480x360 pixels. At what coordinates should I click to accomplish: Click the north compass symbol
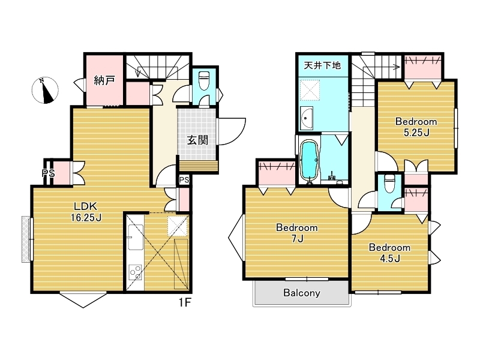click(45, 91)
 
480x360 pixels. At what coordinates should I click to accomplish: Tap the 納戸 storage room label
click(104, 80)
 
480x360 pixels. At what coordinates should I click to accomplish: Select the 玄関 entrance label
click(197, 140)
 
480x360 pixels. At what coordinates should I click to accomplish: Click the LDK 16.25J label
click(86, 212)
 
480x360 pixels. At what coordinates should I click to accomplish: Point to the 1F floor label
click(185, 302)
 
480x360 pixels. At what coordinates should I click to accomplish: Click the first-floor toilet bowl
click(203, 80)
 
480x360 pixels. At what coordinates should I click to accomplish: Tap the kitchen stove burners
click(135, 272)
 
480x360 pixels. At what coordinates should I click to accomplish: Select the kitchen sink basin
click(136, 237)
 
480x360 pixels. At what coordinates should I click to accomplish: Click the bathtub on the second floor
click(310, 161)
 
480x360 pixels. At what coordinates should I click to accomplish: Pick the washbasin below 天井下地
click(307, 118)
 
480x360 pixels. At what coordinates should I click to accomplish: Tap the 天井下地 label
click(322, 65)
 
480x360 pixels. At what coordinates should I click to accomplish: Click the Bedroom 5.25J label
click(416, 127)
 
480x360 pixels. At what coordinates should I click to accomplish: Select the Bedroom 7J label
click(296, 233)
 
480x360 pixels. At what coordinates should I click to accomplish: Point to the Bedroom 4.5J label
click(389, 253)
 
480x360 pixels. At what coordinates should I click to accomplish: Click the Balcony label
click(302, 293)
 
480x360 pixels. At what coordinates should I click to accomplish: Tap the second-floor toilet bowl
click(389, 183)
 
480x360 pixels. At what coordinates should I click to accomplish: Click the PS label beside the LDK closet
click(48, 173)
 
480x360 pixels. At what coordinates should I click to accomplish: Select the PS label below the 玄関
click(184, 180)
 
